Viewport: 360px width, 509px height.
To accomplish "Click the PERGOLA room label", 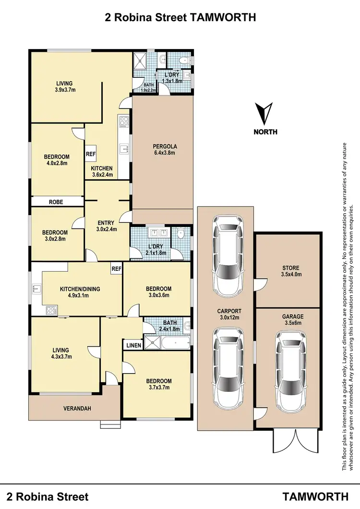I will coord(164,150).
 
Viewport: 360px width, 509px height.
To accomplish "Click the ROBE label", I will coord(56,202).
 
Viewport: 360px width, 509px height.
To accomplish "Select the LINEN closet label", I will coord(133,345).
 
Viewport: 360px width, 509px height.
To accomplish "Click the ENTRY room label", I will coord(106,226).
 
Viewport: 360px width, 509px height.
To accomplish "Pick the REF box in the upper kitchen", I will coord(91,154).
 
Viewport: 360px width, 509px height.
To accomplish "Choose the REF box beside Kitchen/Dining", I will coord(116,269).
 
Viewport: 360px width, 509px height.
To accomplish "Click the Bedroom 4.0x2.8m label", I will coord(57,160).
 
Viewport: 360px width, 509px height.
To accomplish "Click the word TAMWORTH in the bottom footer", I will coord(315,496).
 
